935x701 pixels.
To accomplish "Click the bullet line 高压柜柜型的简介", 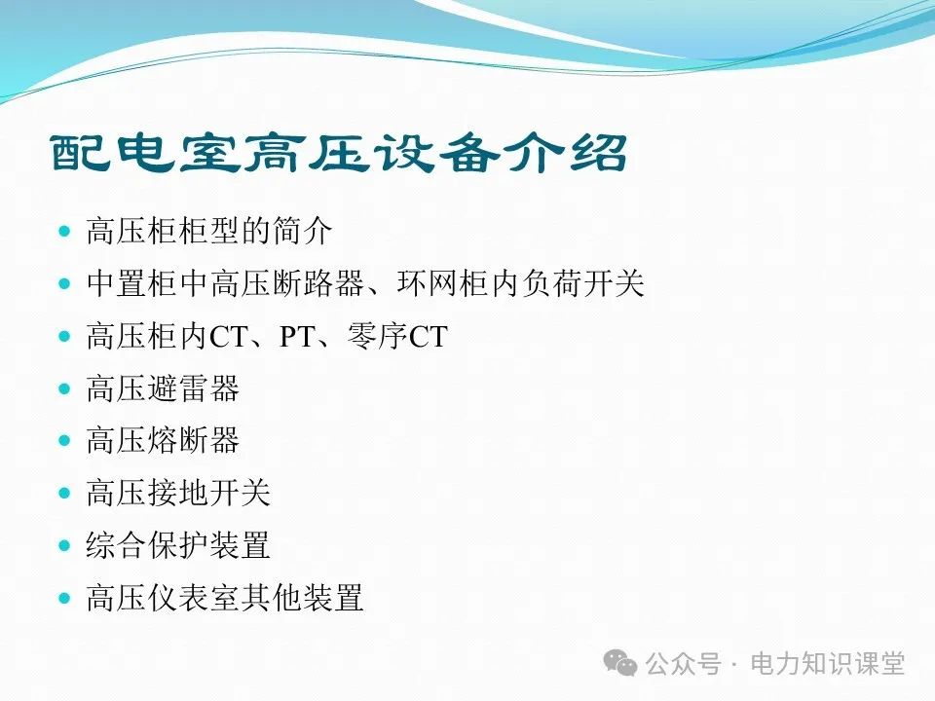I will (x=209, y=232).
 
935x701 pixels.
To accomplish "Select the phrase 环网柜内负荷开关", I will (x=521, y=284).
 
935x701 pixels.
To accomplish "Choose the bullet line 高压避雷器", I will (x=163, y=389).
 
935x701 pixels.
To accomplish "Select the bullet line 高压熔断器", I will (x=163, y=441).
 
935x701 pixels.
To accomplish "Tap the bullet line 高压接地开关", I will (x=178, y=494).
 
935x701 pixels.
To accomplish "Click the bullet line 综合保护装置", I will (x=178, y=546).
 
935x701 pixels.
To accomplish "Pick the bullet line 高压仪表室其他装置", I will (x=225, y=598).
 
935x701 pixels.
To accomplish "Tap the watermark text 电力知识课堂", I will (x=828, y=664).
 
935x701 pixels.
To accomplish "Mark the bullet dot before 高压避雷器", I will (x=65, y=388).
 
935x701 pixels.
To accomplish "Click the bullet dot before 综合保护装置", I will (x=65, y=545).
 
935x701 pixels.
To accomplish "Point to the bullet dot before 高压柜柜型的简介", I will (x=65, y=232).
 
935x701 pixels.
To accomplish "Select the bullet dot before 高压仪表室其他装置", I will (x=65, y=598).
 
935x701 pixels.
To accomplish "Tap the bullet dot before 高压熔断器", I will (x=65, y=441).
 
